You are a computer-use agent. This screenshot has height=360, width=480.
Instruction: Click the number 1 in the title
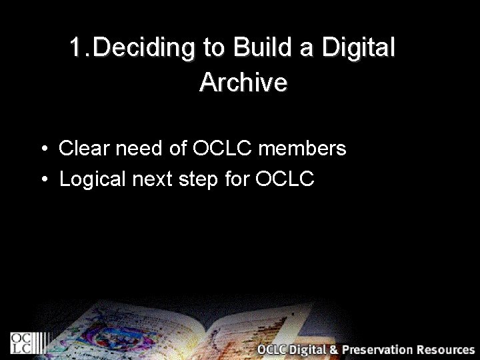(77, 48)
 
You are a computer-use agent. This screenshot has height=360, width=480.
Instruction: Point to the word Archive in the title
(243, 83)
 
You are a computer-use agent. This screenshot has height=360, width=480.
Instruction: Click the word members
(302, 148)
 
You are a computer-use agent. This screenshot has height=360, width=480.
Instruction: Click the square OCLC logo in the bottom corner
(21, 342)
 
